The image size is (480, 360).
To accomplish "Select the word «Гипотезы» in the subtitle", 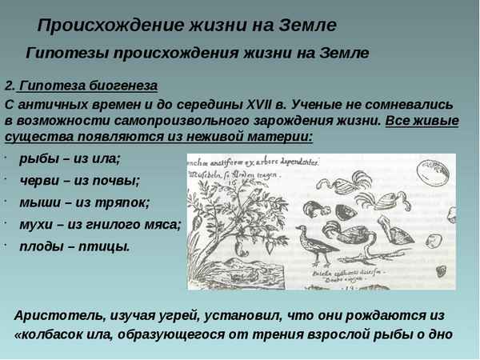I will click(x=67, y=54).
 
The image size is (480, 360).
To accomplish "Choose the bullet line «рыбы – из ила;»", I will click(x=70, y=158).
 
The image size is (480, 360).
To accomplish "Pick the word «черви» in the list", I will click(x=38, y=180).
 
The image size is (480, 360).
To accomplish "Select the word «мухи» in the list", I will click(x=36, y=223).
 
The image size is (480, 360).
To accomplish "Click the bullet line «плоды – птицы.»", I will click(x=74, y=246).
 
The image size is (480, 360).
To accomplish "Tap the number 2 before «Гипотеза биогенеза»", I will click(x=8, y=86).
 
